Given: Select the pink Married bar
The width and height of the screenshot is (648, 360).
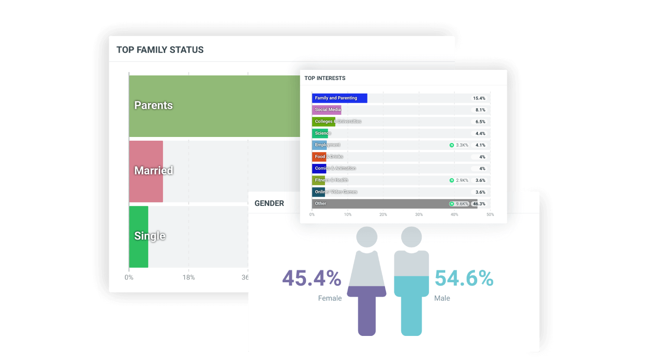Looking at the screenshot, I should (x=146, y=171).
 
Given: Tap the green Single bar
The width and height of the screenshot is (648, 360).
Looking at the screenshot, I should (x=138, y=236).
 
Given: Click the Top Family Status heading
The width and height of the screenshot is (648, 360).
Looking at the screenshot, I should (x=160, y=50).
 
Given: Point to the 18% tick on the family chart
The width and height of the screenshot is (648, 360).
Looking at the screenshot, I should (x=188, y=278).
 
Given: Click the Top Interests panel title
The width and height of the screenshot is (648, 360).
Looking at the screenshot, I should (x=325, y=78).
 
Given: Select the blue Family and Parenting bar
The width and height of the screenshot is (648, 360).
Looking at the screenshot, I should (x=339, y=98).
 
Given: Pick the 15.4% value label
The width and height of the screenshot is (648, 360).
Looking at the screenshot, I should (x=479, y=98).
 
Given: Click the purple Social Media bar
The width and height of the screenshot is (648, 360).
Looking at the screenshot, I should (x=326, y=110).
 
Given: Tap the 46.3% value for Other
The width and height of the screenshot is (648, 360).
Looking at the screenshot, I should (x=479, y=204).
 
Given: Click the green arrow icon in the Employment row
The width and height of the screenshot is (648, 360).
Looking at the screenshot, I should (x=451, y=145).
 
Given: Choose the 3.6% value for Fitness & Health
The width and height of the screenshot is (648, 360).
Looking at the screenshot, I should (x=480, y=180).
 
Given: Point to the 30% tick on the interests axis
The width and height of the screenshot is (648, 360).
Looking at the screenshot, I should (x=419, y=215).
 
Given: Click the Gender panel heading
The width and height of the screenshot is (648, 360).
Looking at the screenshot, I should (x=269, y=203).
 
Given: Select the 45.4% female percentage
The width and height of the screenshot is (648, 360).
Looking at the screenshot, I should (x=312, y=279).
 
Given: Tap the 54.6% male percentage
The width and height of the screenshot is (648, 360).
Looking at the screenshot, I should (x=464, y=279).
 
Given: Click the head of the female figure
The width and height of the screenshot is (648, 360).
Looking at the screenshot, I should (x=367, y=237).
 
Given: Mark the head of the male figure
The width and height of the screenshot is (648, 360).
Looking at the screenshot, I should (x=411, y=237).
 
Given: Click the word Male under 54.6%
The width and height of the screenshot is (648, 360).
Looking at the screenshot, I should (x=442, y=298).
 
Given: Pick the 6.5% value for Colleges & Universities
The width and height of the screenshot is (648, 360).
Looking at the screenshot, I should (x=480, y=122).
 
